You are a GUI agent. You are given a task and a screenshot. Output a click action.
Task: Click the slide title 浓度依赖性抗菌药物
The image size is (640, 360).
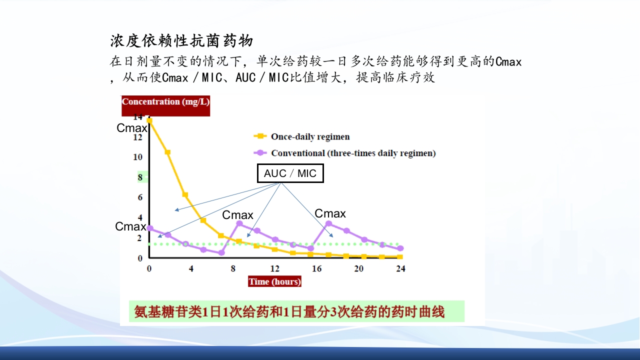click(x=181, y=41)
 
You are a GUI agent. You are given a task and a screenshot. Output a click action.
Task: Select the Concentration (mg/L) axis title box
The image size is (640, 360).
click(x=165, y=102)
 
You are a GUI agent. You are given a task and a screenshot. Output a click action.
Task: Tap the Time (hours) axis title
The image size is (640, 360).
click(x=274, y=281)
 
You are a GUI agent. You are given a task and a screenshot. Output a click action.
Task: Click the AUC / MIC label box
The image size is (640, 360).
click(x=290, y=173)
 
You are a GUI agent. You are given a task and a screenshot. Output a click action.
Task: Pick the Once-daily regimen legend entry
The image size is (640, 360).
click(x=310, y=136)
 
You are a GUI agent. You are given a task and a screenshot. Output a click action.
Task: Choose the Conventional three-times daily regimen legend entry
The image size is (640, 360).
click(x=353, y=153)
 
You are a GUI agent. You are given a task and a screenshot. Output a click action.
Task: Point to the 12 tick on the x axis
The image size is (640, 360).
click(x=274, y=268)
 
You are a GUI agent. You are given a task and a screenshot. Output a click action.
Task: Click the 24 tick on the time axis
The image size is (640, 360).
click(x=400, y=268)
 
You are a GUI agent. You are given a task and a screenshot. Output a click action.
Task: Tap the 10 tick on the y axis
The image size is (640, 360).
click(x=137, y=157)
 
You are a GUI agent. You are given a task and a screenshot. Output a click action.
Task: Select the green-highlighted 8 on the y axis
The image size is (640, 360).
click(x=140, y=177)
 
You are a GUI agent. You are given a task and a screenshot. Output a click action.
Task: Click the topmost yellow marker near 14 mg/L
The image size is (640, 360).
click(x=149, y=120)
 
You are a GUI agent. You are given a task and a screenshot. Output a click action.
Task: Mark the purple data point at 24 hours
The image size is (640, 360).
click(x=400, y=248)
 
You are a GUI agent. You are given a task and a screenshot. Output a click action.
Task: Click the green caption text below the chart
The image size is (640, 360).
click(x=289, y=312)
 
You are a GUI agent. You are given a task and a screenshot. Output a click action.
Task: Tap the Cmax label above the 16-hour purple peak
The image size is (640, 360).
click(x=330, y=214)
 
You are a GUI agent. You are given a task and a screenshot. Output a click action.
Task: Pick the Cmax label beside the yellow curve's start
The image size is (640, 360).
click(x=132, y=128)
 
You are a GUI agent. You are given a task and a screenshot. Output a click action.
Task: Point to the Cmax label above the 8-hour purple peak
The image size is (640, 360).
click(x=237, y=215)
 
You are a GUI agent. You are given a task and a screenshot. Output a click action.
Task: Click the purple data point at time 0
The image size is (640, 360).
click(x=149, y=228)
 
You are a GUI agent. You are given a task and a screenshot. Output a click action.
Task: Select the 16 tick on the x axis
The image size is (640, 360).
click(x=316, y=268)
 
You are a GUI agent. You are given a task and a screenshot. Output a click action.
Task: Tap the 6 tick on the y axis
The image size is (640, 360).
click(x=140, y=197)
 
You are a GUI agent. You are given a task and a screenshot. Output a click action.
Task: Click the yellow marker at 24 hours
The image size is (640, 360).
click(x=400, y=257)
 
